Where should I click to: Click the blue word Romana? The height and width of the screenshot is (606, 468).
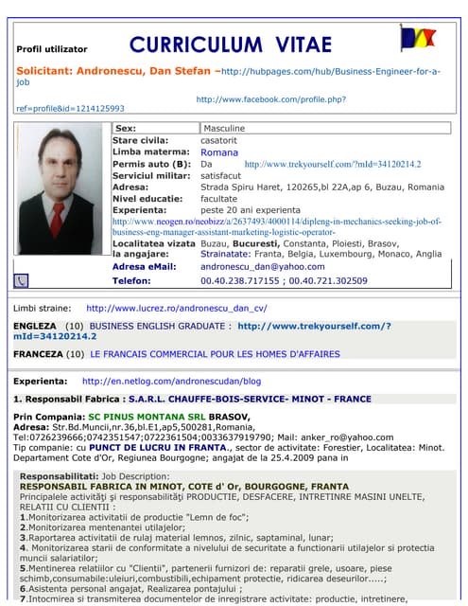click(x=219, y=151)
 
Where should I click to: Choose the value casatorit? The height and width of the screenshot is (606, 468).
click(x=219, y=140)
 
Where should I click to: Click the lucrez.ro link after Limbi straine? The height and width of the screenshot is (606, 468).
click(x=177, y=308)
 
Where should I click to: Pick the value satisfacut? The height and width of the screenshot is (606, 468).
click(x=221, y=175)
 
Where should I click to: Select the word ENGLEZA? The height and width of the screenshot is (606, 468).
click(x=34, y=325)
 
